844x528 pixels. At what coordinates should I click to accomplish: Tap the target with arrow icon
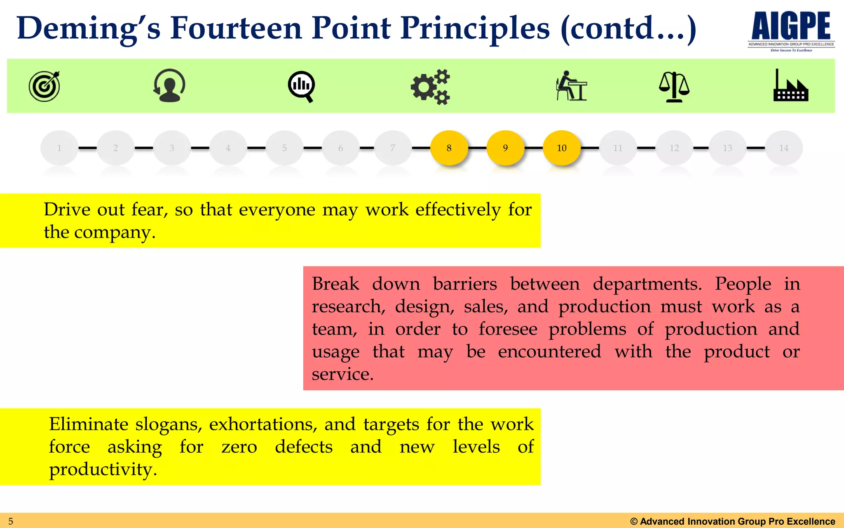tap(45, 86)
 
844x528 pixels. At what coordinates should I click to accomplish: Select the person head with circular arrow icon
tap(169, 85)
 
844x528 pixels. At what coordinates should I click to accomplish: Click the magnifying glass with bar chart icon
tap(301, 86)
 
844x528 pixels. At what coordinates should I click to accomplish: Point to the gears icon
tap(431, 87)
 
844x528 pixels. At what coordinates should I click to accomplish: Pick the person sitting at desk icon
tap(571, 86)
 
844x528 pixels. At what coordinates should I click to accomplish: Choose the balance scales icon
tap(674, 87)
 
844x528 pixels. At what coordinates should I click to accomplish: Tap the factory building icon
tap(790, 86)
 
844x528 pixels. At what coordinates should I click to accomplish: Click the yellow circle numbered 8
tap(449, 148)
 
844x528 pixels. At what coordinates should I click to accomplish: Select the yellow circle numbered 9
tap(505, 148)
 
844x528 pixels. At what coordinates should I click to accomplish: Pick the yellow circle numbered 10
tap(561, 148)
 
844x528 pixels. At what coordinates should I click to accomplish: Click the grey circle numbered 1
tap(59, 148)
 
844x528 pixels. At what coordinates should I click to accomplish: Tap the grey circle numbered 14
tap(783, 148)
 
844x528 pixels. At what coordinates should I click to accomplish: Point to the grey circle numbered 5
tap(284, 148)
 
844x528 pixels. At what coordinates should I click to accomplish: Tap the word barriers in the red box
tap(465, 284)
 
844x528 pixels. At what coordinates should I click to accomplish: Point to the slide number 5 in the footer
tap(11, 521)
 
